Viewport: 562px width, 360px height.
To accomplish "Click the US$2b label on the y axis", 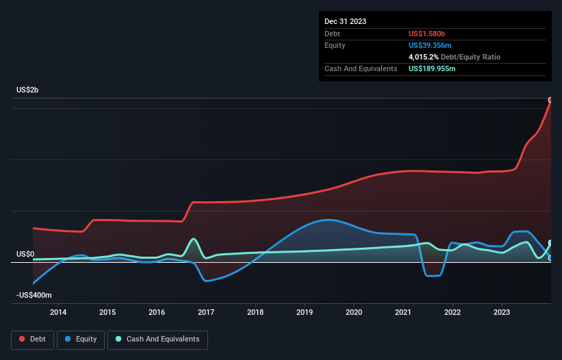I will [27, 90].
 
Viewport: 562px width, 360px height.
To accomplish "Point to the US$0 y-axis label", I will [25, 254].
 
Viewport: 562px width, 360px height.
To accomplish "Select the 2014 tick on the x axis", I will [58, 313].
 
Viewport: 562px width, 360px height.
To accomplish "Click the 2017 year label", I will [206, 313].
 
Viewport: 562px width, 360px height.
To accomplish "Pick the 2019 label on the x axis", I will [305, 313].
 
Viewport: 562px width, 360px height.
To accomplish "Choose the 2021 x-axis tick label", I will [403, 313].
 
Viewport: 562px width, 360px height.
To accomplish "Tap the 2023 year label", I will [502, 313].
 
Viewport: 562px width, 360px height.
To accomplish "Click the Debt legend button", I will [31, 339].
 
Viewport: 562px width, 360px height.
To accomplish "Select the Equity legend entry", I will [80, 339].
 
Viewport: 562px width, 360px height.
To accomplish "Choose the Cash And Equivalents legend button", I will [157, 339].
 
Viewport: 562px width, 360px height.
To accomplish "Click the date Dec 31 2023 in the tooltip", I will [346, 21].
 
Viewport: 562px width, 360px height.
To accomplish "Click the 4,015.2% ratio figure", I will [426, 57].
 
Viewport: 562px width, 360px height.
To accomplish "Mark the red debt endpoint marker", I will [550, 100].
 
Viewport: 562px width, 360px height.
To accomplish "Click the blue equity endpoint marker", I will [550, 258].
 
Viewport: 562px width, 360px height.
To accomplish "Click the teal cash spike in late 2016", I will [194, 239].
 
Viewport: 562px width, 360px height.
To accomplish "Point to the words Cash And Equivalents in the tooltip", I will [361, 68].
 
